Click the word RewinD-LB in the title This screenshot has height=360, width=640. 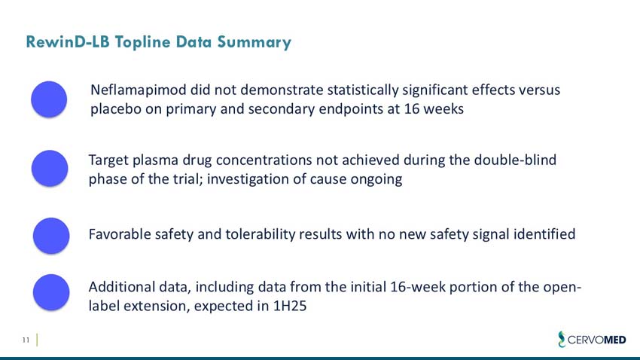coord(69,42)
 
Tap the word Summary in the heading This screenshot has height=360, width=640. coord(255,42)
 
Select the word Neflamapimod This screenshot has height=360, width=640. coord(139,90)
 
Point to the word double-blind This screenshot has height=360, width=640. coord(520,160)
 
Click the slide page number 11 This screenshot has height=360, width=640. coord(25,341)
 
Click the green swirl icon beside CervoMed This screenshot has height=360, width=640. coord(559,340)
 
